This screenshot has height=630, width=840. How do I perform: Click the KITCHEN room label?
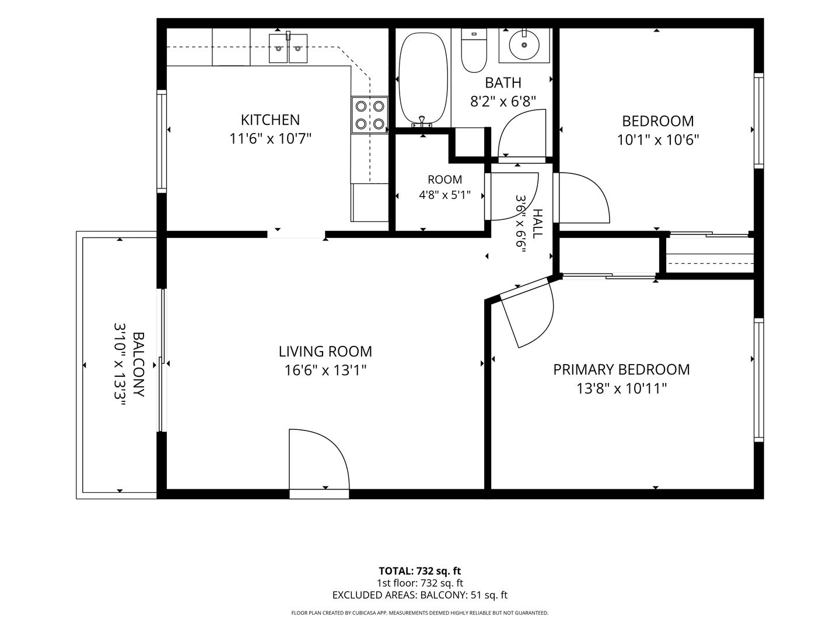pos(270,120)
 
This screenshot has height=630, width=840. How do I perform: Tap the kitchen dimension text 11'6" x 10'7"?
pos(270,138)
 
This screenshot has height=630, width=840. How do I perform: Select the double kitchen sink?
pos(288,48)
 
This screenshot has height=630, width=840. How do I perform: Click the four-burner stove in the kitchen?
pos(370,115)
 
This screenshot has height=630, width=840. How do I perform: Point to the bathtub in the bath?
pos(423,79)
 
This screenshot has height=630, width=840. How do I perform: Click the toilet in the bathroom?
pos(474,51)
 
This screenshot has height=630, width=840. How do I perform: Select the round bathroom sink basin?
pos(524,45)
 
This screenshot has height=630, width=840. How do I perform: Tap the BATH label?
pos(503,83)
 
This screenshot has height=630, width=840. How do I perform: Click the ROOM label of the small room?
pos(444,180)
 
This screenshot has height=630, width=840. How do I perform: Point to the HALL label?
pos(538,224)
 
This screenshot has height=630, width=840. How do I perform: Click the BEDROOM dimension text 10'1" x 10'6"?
pos(658,140)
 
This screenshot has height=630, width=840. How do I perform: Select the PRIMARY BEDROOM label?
pos(621,369)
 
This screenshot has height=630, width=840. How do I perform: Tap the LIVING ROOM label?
pos(325,352)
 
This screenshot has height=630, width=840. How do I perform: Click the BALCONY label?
pos(138,365)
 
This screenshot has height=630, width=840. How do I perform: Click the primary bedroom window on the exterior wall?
pos(758,379)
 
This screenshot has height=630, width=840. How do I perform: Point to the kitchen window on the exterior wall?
pos(162,141)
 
